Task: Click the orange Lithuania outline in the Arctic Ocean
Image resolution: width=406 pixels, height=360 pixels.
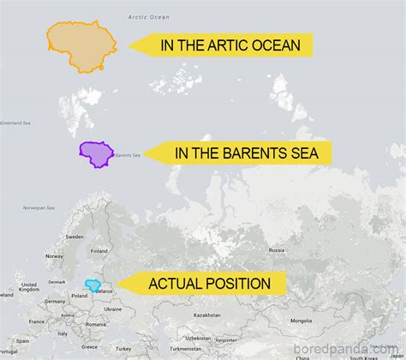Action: point(81,45)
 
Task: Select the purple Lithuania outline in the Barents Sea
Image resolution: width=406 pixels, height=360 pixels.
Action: point(96,153)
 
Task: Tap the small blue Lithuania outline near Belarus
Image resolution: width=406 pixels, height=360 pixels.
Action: point(93,285)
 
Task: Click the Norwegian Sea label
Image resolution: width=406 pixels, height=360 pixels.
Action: point(39,207)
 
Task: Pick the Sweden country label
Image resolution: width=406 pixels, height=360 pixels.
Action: point(75,236)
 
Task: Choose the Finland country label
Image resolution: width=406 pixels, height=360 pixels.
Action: point(99,250)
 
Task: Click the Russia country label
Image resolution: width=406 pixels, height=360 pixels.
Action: point(277,249)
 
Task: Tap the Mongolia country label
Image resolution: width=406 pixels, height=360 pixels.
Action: point(301,320)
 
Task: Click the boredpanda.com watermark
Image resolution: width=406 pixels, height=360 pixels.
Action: point(349,349)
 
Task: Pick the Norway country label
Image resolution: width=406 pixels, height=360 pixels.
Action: point(54,255)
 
